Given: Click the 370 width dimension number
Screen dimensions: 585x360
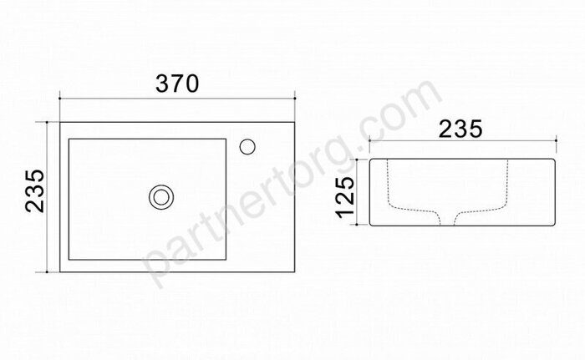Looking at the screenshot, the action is [x=177, y=84].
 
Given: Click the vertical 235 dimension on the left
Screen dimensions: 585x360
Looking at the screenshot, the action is [x=35, y=191].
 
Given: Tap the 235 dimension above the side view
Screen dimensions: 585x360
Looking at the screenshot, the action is [x=460, y=129].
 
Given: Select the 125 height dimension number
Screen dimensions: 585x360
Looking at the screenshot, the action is [x=344, y=197].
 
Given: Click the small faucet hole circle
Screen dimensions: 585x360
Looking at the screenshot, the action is [x=247, y=147].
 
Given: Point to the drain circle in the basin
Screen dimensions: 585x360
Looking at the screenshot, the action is [x=161, y=197].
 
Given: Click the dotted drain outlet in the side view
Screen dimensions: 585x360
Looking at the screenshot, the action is [x=447, y=218].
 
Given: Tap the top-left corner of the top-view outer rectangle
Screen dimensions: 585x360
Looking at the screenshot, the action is [x=60, y=122].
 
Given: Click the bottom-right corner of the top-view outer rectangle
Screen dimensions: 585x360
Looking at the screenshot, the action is [x=295, y=271].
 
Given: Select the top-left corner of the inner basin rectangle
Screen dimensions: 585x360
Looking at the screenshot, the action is [x=69, y=139].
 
